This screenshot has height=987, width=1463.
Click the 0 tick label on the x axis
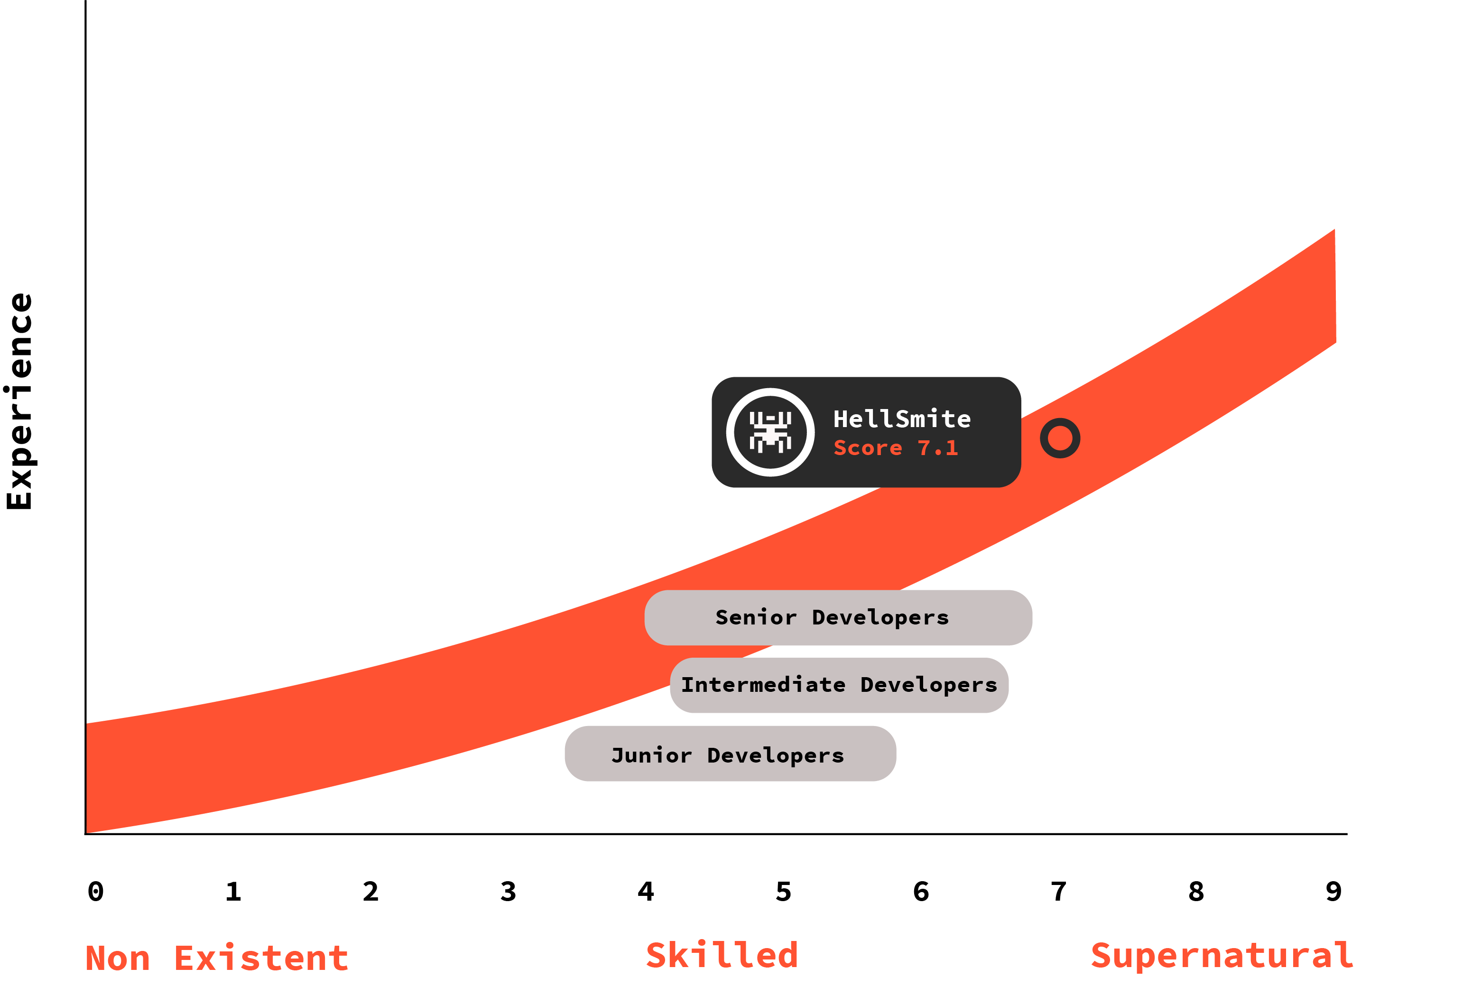pos(96,891)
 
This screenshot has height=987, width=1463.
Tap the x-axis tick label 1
pos(233,891)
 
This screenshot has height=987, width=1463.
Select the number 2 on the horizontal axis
pos(370,891)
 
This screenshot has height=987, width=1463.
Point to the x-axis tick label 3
pos(509,891)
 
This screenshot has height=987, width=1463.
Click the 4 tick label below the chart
pos(646,891)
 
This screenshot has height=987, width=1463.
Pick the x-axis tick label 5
pos(783,891)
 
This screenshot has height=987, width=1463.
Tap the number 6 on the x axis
pos(921,891)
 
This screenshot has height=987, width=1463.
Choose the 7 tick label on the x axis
pos(1059,891)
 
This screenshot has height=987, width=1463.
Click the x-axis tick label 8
pos(1196,891)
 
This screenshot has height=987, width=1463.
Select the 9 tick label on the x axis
pos(1333,891)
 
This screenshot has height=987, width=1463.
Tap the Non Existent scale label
pos(217,958)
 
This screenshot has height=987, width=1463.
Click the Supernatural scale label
pos(1222,956)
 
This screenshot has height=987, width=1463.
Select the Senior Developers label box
pos(838,617)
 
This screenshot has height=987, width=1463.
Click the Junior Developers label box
pos(731,754)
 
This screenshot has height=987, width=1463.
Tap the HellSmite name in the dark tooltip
pos(902,419)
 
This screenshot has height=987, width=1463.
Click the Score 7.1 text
pos(896,448)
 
